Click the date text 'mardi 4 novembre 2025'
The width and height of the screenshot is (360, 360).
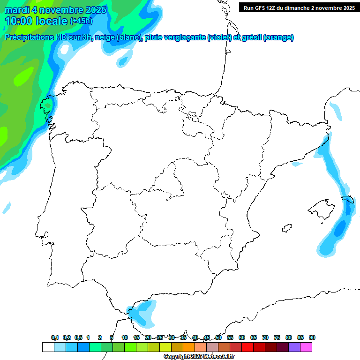click(55, 10)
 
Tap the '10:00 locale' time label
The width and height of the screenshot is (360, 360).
click(37, 21)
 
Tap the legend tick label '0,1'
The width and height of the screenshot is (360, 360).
click(55, 338)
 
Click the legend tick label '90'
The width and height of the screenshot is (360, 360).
click(312, 338)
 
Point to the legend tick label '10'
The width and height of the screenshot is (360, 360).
click(125, 338)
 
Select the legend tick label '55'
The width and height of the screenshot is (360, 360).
click(230, 338)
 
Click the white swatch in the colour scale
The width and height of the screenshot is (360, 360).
click(48, 347)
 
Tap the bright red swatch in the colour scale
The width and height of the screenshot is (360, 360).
click(247, 347)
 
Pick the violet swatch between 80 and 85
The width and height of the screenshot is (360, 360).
click(294, 347)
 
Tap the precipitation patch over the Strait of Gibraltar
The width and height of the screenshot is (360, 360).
click(142, 313)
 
